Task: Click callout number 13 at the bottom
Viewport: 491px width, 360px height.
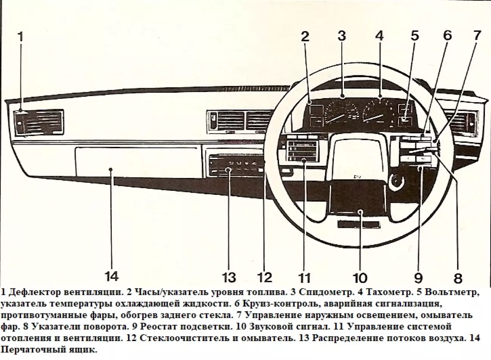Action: [229, 277]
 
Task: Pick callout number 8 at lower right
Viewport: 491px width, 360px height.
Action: [458, 279]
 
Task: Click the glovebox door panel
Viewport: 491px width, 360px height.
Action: [136, 162]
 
